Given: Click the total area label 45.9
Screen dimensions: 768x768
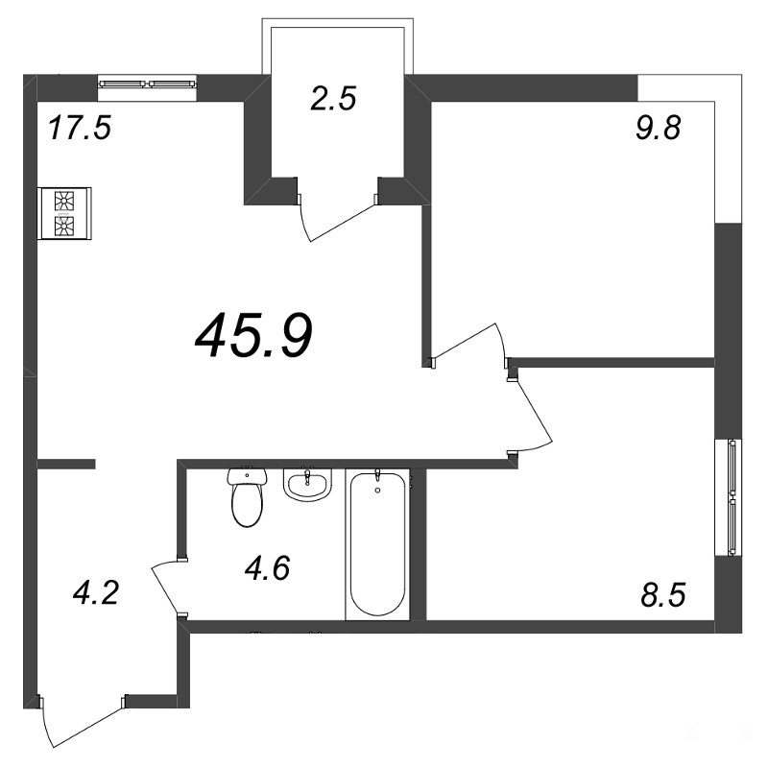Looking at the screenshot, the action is click(x=253, y=336).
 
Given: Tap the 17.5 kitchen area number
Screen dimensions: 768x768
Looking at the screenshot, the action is click(x=81, y=128).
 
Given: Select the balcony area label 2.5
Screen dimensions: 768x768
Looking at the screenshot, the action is click(x=332, y=98).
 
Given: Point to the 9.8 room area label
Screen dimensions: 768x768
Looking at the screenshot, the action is click(x=659, y=129).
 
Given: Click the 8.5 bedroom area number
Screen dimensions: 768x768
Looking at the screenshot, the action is click(x=662, y=594).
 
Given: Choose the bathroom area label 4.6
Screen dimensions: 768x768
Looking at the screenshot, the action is click(x=268, y=568).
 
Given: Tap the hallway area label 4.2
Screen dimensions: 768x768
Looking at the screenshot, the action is click(x=95, y=592).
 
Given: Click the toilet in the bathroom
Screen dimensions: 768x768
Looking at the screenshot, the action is click(x=248, y=496).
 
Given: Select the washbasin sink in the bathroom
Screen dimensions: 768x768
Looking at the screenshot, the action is click(x=307, y=485).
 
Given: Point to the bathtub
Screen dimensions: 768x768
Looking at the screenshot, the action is click(x=377, y=543).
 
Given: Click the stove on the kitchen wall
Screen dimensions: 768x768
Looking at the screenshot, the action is click(x=64, y=213).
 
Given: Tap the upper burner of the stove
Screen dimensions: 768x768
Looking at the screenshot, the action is click(x=64, y=202).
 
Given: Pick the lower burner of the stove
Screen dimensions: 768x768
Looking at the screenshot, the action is click(x=64, y=227).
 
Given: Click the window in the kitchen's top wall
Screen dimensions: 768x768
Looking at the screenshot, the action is click(x=147, y=84).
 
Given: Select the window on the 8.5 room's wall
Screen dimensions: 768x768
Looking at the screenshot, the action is click(x=729, y=497).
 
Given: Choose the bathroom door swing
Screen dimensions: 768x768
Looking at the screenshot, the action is click(x=164, y=587).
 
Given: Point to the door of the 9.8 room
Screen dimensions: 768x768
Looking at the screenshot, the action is click(x=469, y=343).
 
